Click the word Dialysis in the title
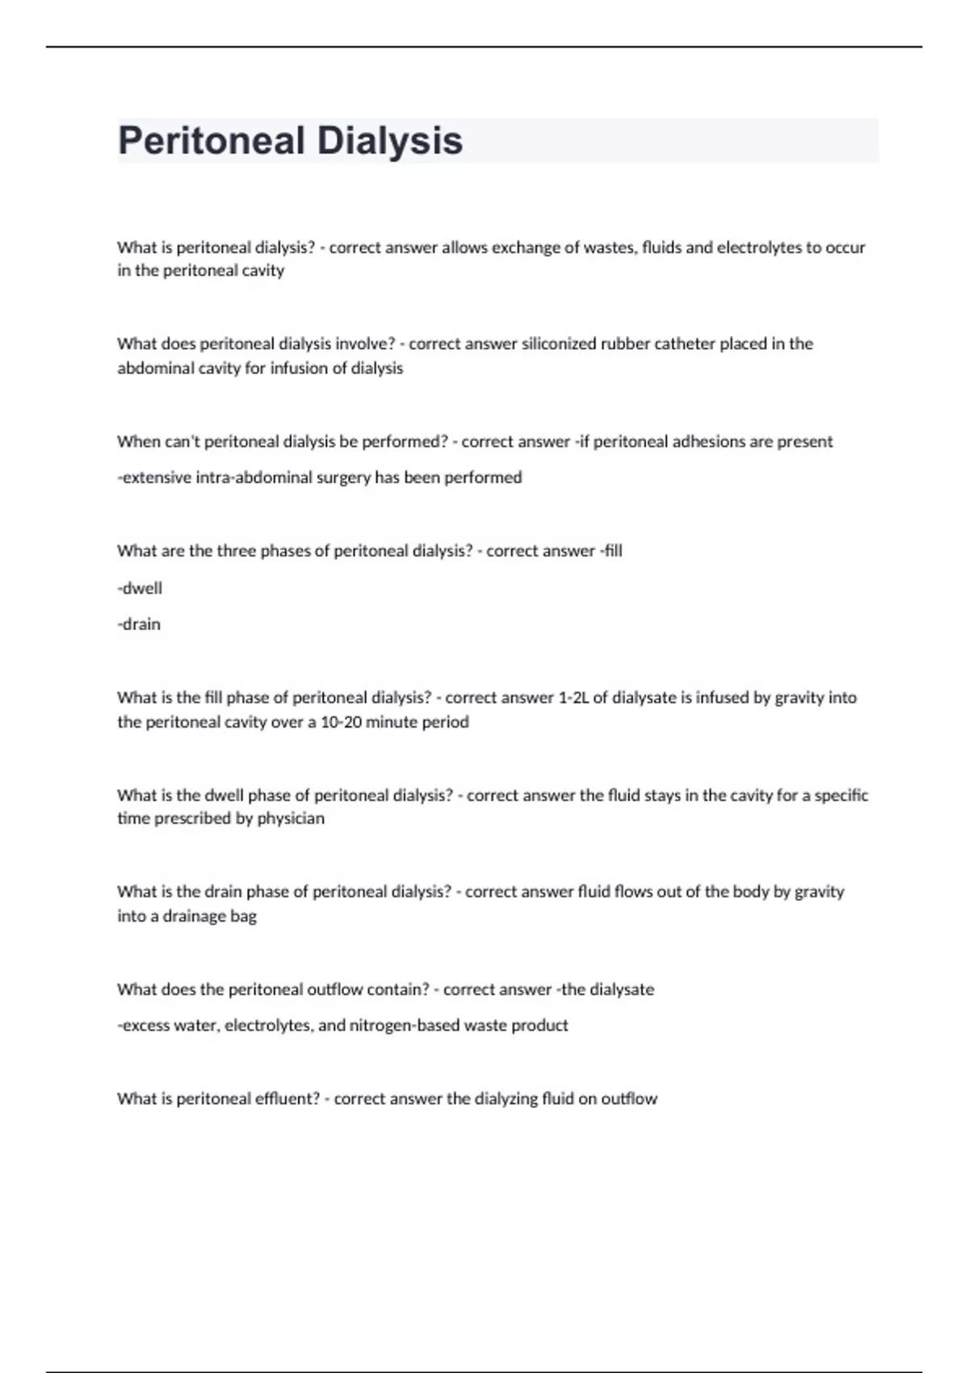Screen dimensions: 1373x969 [389, 141]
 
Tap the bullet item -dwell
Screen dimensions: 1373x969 [140, 589]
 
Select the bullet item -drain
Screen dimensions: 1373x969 [139, 624]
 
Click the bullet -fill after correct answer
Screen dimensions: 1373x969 [610, 551]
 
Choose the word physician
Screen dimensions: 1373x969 [291, 819]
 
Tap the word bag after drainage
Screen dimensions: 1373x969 [244, 917]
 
